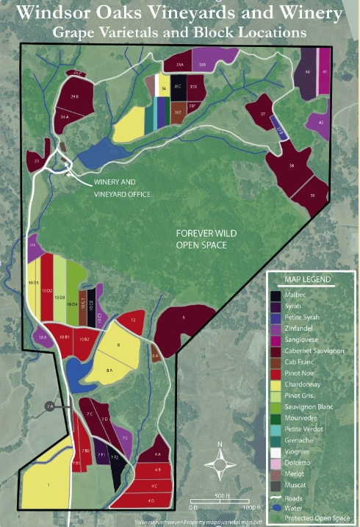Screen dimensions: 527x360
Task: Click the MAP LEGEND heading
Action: [309, 279]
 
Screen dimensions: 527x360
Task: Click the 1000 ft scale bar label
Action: [251, 507]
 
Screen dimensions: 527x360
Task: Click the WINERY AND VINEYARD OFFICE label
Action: [121, 188]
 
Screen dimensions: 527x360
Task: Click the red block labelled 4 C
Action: [153, 486]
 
